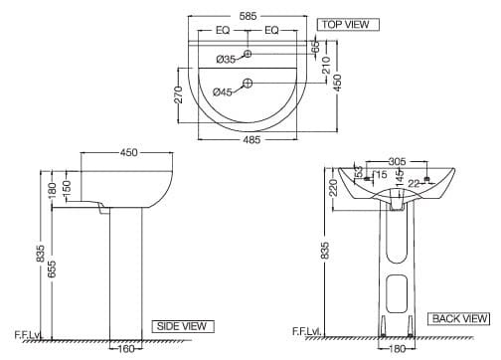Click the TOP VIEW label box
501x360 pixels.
coord(342,23)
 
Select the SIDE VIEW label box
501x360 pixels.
coord(180,325)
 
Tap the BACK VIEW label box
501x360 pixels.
coord(458,318)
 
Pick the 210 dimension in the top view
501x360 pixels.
coord(325,65)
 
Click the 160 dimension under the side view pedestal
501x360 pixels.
coord(125,349)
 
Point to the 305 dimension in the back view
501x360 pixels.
coord(397,161)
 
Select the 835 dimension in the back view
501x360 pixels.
coord(325,252)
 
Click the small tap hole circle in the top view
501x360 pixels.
coord(249,53)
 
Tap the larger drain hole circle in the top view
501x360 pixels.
coord(249,84)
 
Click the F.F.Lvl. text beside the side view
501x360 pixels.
coord(27,332)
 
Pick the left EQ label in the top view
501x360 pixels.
coord(224,31)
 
